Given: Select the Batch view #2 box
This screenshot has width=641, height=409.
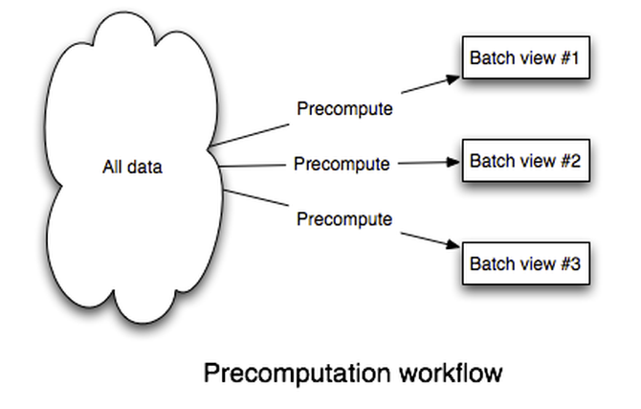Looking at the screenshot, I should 524,162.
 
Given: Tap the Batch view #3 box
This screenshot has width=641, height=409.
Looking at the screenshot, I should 524,264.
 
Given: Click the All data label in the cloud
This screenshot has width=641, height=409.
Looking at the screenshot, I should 132,168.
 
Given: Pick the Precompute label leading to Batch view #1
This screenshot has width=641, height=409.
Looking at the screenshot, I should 344,108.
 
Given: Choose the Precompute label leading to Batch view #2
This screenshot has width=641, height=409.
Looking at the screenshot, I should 342,164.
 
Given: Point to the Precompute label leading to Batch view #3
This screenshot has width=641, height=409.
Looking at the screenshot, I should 344,219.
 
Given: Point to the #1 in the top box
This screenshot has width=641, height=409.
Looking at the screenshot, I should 570,59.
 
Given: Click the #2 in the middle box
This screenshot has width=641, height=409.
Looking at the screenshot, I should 570,161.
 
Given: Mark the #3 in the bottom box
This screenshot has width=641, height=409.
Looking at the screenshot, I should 570,264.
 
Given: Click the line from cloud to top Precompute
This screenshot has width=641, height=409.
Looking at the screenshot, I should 251,132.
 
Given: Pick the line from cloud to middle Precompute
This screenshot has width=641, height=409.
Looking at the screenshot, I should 254,166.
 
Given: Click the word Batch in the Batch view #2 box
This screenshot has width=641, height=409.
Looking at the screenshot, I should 489,161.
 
